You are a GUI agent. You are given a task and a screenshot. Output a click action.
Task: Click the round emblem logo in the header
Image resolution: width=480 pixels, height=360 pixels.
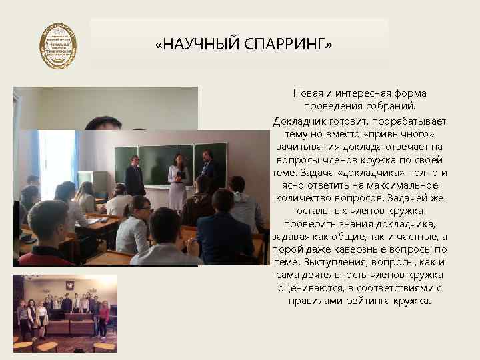pos(58,46)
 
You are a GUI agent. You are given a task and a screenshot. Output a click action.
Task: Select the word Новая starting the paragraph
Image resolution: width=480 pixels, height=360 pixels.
pos(307,94)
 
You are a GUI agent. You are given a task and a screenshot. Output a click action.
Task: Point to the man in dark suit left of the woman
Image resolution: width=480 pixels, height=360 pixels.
pos(135,175)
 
